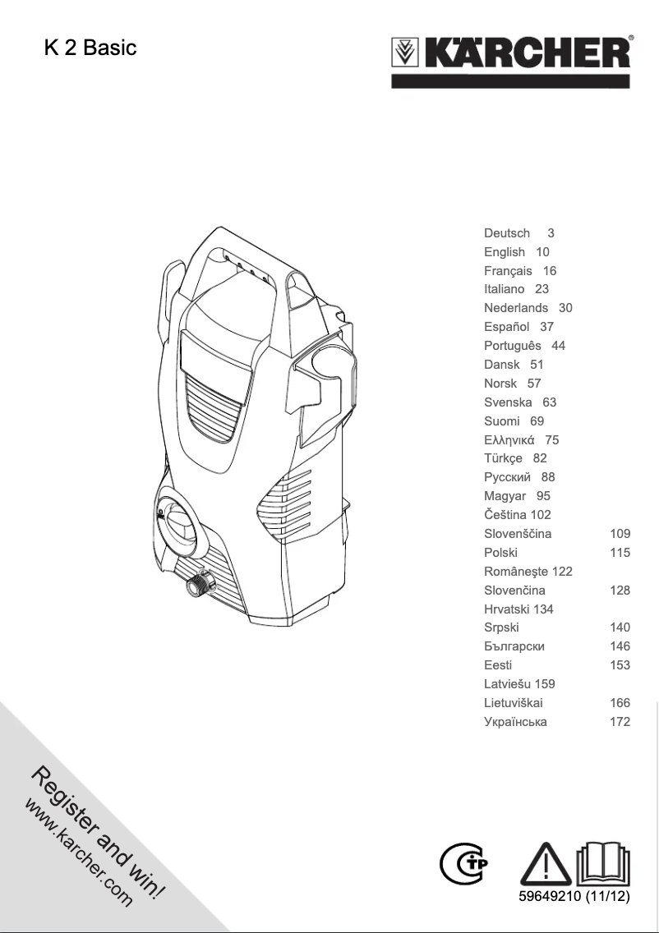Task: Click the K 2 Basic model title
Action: (90, 48)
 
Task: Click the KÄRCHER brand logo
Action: (511, 56)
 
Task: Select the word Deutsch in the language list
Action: (507, 233)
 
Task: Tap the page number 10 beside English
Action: (542, 252)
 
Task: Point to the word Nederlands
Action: (516, 308)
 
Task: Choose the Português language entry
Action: (513, 346)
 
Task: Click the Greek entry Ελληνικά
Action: (510, 440)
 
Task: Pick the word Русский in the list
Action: (508, 477)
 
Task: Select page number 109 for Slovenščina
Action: (620, 534)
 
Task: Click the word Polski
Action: (500, 553)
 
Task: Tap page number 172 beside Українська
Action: (620, 722)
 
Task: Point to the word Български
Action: (514, 646)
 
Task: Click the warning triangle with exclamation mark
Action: (546, 862)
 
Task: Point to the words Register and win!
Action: (99, 830)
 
